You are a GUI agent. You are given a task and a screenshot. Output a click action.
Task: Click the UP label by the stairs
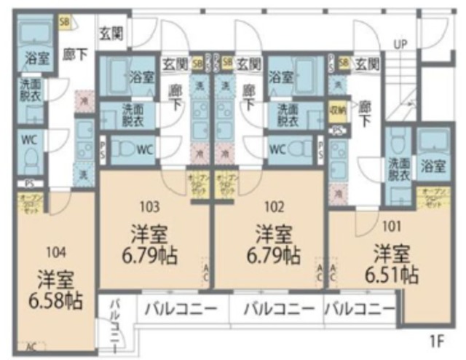[x=400, y=44]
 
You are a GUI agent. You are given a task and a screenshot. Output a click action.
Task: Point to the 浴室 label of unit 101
[x=434, y=166]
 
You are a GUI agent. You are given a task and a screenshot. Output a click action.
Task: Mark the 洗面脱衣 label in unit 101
[x=398, y=169]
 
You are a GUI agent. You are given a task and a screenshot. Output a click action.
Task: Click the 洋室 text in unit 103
[x=150, y=235]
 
